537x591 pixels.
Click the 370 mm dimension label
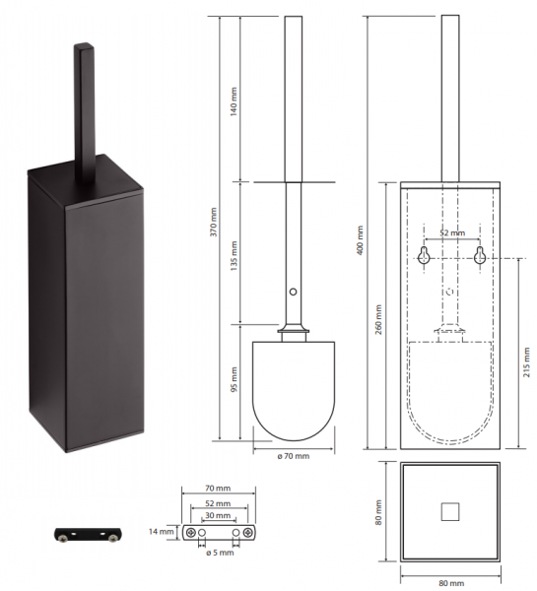(x=214, y=222)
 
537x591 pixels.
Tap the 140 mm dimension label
(x=234, y=101)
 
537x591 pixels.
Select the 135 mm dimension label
(x=234, y=256)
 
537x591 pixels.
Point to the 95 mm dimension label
(x=234, y=379)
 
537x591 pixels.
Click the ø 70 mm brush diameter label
(x=294, y=456)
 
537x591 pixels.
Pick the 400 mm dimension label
(x=360, y=240)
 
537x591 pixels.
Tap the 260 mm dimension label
(x=378, y=319)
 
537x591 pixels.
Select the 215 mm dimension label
(x=526, y=362)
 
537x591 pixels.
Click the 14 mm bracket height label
(x=161, y=532)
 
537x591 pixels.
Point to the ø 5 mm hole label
(x=221, y=553)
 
